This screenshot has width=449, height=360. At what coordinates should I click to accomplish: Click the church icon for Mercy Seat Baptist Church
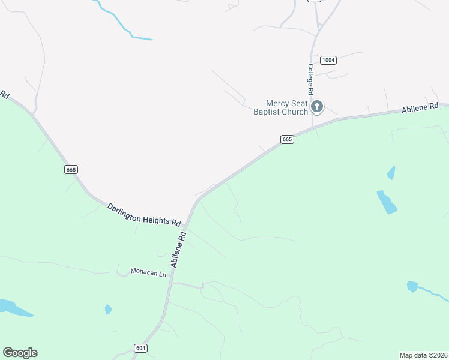pyautogui.click(x=316, y=107)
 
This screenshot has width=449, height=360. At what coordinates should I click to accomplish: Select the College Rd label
pyautogui.click(x=311, y=80)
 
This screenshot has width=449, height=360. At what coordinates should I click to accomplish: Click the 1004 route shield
pyautogui.click(x=328, y=60)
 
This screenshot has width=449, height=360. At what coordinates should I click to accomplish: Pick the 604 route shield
pyautogui.click(x=140, y=348)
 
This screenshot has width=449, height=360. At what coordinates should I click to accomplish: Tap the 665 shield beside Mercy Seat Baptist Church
pyautogui.click(x=287, y=139)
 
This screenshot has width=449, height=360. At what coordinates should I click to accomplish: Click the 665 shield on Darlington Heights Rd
pyautogui.click(x=71, y=170)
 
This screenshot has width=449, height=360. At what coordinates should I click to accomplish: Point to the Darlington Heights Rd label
pyautogui.click(x=144, y=214)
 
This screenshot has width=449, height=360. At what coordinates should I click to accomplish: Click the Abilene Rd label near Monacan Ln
pyautogui.click(x=179, y=250)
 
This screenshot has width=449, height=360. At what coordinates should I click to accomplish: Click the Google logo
pyautogui.click(x=20, y=353)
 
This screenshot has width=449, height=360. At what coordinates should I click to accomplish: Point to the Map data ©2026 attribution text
pyautogui.click(x=424, y=355)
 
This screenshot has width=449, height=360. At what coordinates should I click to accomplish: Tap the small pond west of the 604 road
pyautogui.click(x=108, y=310)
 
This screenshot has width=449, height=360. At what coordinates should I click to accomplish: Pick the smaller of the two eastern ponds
pyautogui.click(x=392, y=173)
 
